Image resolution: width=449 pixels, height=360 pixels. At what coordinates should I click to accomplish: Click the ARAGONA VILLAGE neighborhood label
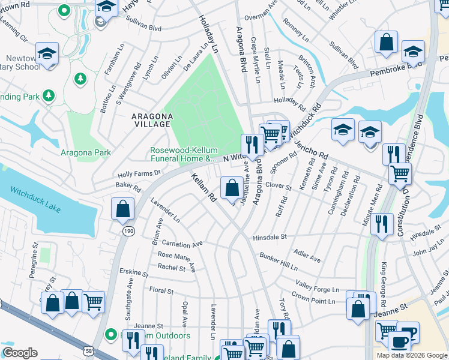point(152,119)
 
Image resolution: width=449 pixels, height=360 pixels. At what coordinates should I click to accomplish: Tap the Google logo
point(20,353)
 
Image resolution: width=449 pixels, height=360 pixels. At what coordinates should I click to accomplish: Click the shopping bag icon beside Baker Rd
point(122,209)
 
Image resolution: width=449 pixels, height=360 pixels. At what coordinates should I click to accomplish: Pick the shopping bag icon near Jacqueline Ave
point(232,188)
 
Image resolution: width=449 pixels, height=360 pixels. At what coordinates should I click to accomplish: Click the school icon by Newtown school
point(47,53)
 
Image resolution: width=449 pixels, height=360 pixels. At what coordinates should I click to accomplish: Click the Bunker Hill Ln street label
point(279,260)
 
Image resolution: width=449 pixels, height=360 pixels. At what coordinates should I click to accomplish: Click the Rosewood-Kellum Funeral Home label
point(183,155)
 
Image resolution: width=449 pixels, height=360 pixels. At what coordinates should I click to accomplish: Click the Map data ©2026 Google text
point(412,355)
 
